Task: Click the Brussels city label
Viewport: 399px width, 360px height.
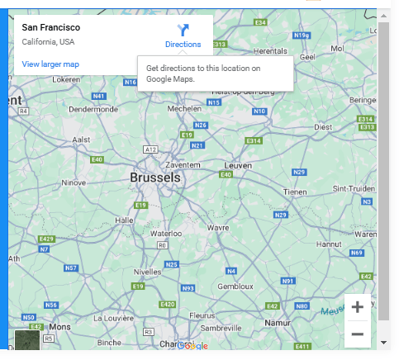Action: pyautogui.click(x=155, y=178)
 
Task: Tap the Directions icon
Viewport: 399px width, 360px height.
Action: pyautogui.click(x=183, y=31)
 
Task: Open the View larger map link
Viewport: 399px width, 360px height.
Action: pyautogui.click(x=50, y=64)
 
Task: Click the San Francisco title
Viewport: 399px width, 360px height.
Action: pyautogui.click(x=50, y=27)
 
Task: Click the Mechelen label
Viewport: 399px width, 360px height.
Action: pyautogui.click(x=184, y=108)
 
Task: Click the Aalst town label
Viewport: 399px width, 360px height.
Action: pyautogui.click(x=81, y=140)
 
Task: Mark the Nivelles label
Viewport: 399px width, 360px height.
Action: pyautogui.click(x=149, y=270)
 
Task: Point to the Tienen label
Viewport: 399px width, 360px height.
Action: pyautogui.click(x=294, y=191)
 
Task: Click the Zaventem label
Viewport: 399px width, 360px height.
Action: pyautogui.click(x=183, y=165)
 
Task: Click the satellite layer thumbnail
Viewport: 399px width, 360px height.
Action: pyautogui.click(x=27, y=339)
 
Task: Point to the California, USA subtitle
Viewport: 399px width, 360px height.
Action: pyautogui.click(x=48, y=41)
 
